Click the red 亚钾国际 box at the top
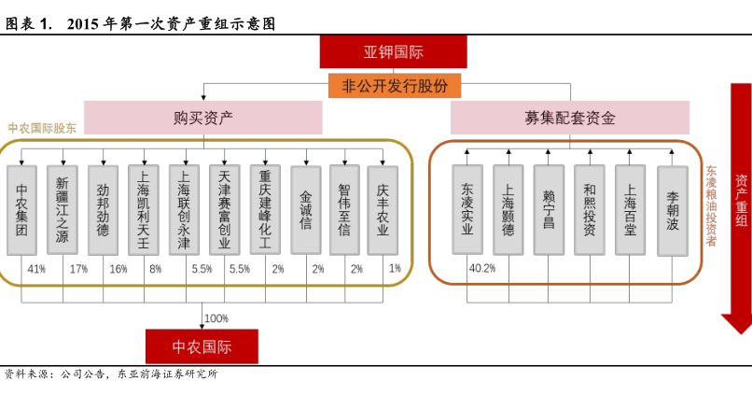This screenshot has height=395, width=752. (393, 52)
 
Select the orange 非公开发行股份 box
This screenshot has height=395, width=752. (395, 86)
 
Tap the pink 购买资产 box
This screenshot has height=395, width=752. (203, 118)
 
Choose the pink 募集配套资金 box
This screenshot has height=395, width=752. (569, 118)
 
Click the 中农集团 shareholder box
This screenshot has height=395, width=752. (22, 210)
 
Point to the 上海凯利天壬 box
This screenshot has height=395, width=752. (144, 210)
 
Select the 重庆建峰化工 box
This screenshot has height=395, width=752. (265, 210)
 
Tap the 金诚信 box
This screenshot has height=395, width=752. (306, 210)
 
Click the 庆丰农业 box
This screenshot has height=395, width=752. (383, 210)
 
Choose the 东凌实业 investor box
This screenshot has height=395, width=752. (467, 210)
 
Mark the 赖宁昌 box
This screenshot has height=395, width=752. (549, 210)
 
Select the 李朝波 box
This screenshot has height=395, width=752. (673, 210)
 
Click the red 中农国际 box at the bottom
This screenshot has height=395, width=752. (202, 346)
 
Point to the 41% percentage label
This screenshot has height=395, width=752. (36, 269)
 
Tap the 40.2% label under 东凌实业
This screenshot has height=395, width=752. (481, 268)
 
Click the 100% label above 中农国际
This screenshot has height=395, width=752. (216, 318)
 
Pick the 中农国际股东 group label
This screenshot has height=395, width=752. (43, 128)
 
